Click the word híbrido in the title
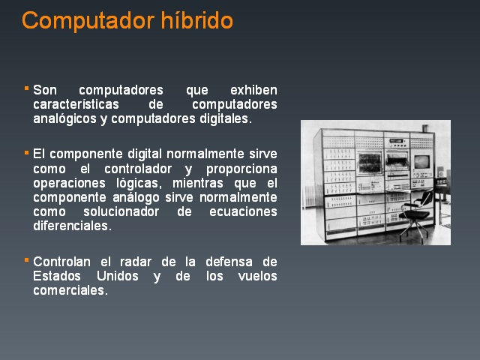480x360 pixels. pyautogui.click(x=196, y=20)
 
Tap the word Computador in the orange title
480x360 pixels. pyautogui.click(x=88, y=21)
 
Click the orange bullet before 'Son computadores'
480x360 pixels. pyautogui.click(x=27, y=88)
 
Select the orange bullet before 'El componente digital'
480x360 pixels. pyautogui.click(x=27, y=152)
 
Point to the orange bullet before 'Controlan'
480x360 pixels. pyautogui.click(x=27, y=260)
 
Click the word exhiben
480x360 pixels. pyautogui.click(x=253, y=90)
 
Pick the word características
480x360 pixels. pyautogui.click(x=76, y=104)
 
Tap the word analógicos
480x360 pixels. pyautogui.click(x=65, y=119)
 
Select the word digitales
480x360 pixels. pyautogui.click(x=226, y=119)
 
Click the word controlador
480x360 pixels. pyautogui.click(x=138, y=169)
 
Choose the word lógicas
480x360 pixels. pyautogui.click(x=139, y=183)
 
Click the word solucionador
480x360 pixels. pyautogui.click(x=121, y=211)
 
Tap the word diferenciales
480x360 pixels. pyautogui.click(x=72, y=226)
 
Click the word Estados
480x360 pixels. pyautogui.click(x=57, y=276)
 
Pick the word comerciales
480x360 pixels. pyautogui.click(x=70, y=290)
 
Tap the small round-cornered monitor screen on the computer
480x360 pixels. pyautogui.click(x=421, y=161)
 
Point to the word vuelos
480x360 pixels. pyautogui.click(x=258, y=276)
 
